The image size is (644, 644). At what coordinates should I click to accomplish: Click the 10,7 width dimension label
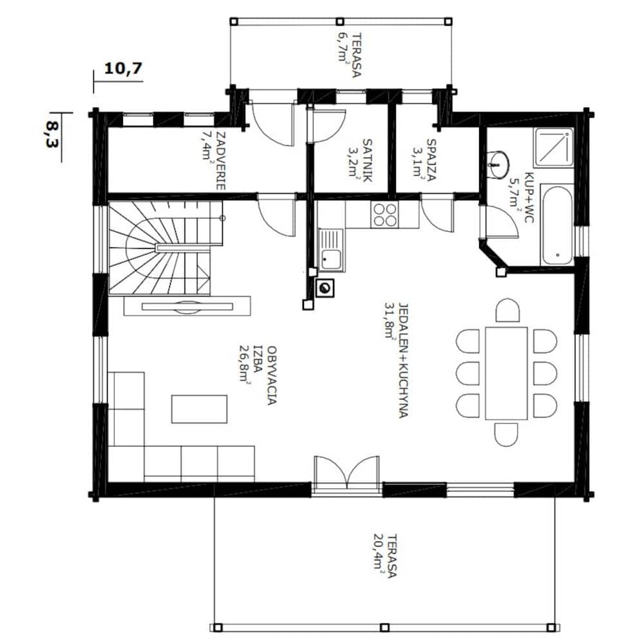point(123,68)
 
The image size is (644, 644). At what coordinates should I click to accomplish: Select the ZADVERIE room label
point(220,160)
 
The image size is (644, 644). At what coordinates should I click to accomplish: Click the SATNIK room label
point(367,160)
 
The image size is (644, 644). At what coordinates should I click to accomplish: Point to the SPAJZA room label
point(431,160)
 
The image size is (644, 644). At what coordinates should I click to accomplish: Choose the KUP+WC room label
point(528,196)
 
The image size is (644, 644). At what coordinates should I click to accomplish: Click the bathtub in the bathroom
point(556,225)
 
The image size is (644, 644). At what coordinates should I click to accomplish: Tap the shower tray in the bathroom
point(553,146)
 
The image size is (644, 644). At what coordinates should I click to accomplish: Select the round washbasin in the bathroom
point(498,165)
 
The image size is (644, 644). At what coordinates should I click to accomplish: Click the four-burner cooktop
point(384,215)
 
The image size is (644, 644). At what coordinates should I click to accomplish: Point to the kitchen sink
point(331,250)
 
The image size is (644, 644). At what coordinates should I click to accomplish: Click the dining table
point(506,374)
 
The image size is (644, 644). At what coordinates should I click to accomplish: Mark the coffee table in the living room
point(199,409)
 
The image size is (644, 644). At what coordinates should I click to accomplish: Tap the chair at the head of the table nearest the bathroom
point(507,310)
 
